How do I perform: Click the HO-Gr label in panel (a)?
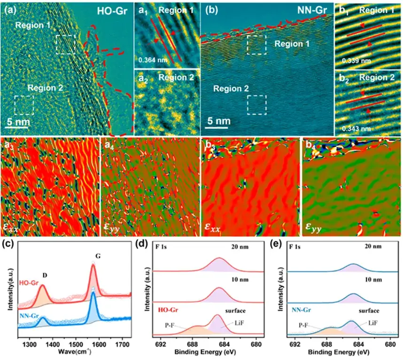[110, 10]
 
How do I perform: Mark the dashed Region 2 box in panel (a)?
[23, 105]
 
